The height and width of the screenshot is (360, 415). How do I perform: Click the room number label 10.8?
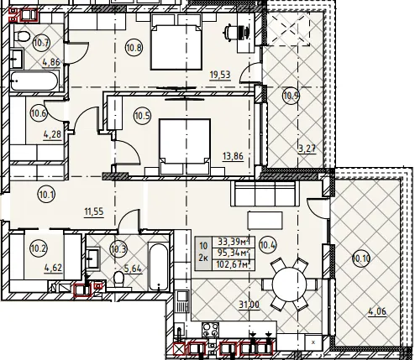134,48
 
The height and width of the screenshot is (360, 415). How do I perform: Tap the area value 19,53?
220,75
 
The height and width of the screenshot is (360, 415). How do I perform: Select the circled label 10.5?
143,116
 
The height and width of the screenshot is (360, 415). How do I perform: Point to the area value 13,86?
233,156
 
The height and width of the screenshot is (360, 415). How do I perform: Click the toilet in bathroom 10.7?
22,36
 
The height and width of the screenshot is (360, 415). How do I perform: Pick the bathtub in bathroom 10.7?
34,81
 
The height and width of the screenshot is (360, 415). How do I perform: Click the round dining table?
289,284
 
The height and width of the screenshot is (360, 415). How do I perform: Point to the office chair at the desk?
237,32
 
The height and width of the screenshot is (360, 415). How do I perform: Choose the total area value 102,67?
234,265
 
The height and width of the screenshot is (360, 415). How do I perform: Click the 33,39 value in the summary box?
234,241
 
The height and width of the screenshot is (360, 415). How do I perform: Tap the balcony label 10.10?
361,258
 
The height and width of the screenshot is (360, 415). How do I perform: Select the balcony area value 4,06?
377,311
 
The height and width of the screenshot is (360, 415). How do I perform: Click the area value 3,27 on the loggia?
307,149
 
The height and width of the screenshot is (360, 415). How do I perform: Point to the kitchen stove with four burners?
211,330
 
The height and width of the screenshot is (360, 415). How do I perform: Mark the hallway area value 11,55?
94,212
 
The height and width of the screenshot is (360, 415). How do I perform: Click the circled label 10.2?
39,248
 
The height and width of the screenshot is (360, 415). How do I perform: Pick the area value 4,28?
52,134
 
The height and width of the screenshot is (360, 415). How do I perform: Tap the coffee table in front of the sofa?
265,221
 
